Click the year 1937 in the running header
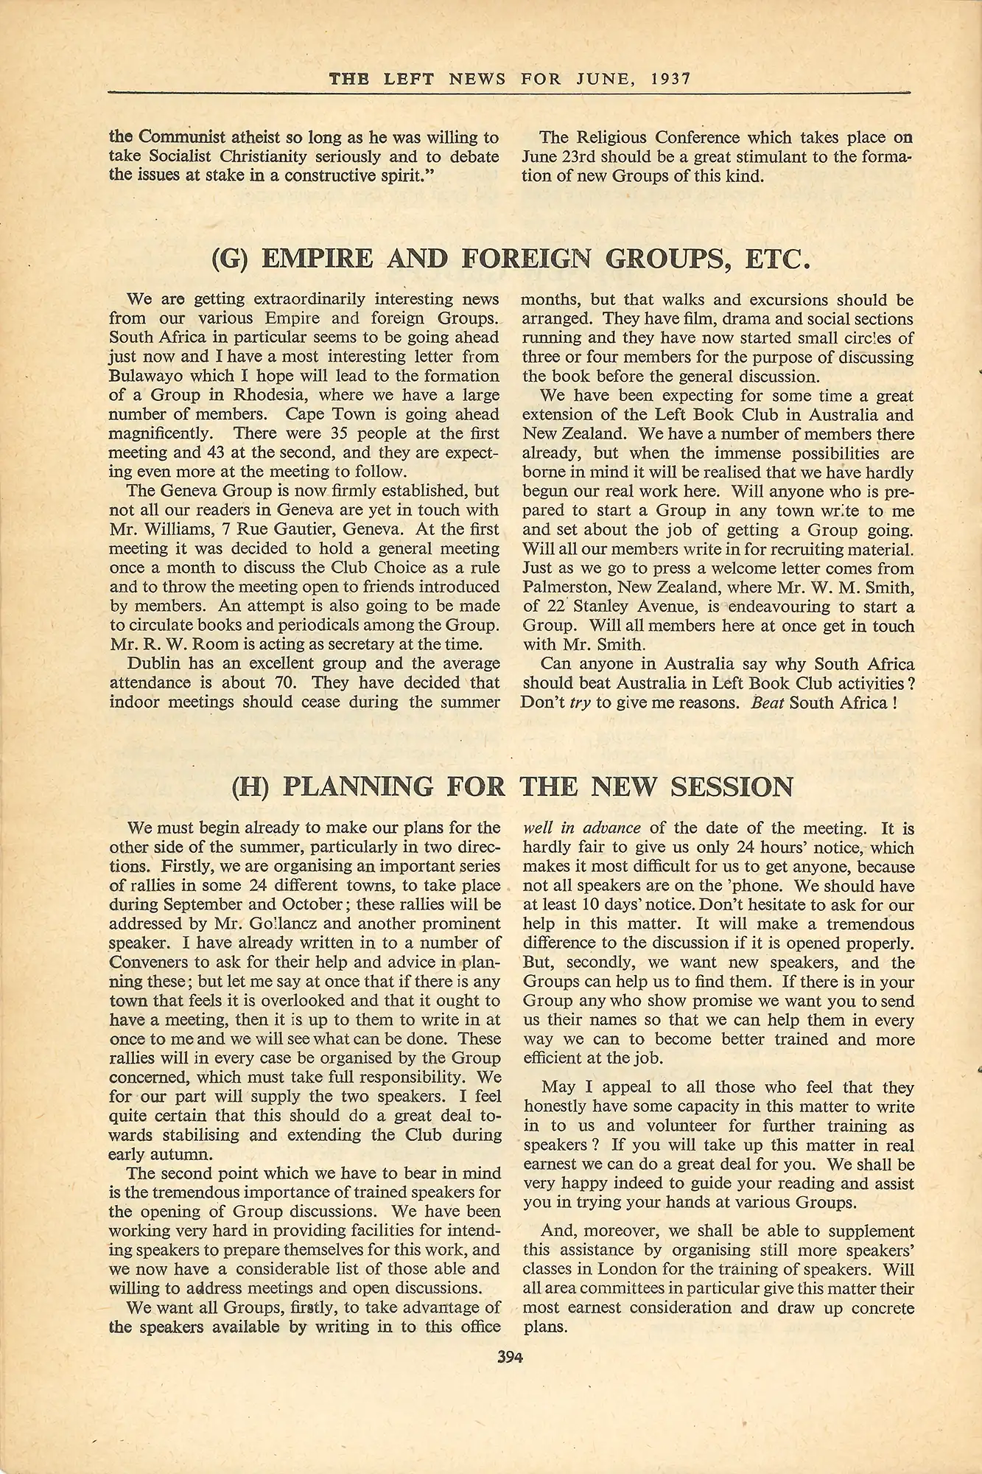[x=670, y=78]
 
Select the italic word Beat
[x=767, y=702]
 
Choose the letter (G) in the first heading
[x=232, y=259]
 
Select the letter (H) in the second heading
[x=252, y=787]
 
